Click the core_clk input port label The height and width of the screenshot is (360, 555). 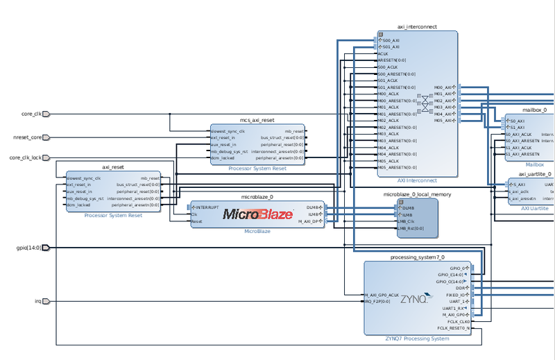click(x=32, y=114)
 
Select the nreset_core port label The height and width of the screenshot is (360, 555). click(x=28, y=137)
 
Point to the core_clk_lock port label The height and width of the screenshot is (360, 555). click(x=26, y=157)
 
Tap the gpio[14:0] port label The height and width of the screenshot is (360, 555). click(x=28, y=248)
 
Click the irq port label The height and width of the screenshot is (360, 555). click(x=37, y=301)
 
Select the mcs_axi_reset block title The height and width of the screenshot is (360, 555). click(x=257, y=120)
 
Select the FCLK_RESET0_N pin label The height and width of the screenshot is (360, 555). click(x=453, y=328)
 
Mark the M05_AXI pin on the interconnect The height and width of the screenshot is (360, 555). click(x=443, y=121)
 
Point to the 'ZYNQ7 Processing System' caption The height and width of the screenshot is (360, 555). click(x=417, y=338)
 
